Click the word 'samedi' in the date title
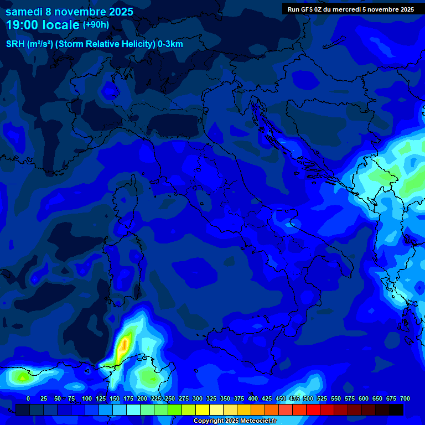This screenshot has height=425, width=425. pos(24,12)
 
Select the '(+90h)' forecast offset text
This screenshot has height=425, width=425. pos(96,24)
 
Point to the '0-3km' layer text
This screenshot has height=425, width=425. pos(170,44)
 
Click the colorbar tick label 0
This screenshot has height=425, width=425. pos(28,398)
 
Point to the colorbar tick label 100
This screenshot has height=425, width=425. pos(87,398)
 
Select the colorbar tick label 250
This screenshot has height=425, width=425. pos(170,398)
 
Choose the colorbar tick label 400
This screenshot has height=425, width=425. pos(253,398)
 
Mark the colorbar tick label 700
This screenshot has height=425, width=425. pos(405,398)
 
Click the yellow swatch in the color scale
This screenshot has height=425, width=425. pos(203,410)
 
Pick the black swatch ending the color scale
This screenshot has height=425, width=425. pos(396,410)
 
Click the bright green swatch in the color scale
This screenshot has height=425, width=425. pos(175,410)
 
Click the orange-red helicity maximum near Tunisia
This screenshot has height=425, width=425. pos(125,344)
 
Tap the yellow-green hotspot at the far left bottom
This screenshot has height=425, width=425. pos(21,377)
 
